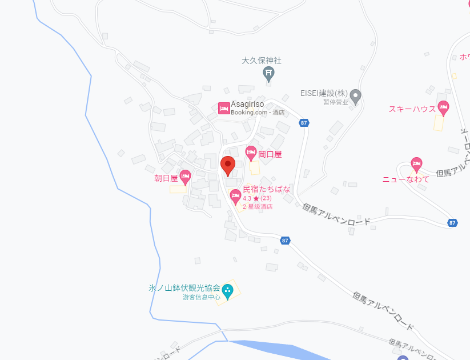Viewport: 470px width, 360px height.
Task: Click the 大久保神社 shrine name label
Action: coord(262,60)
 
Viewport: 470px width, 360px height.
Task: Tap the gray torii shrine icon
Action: coord(268,73)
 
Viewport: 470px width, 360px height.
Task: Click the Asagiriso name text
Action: coord(248,105)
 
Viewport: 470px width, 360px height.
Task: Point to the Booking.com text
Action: coord(250,113)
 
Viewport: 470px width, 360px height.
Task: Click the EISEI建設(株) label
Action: coord(324,93)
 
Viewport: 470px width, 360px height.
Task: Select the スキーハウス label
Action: coord(412,109)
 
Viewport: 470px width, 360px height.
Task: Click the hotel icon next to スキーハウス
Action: coord(443,107)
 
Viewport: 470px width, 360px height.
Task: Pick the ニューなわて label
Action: coord(405,179)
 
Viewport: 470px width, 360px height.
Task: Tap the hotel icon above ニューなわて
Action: coord(417,164)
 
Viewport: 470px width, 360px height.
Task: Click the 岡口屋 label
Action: coord(270,154)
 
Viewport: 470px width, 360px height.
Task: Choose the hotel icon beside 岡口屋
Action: coord(250,152)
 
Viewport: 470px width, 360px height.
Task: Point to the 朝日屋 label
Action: coord(166,178)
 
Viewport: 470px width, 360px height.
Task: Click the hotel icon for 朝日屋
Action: coord(185,176)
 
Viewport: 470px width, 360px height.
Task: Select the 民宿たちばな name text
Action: coord(267,189)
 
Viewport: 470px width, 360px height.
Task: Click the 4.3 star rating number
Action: coord(247,198)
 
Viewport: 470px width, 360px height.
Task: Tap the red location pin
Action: coord(228,166)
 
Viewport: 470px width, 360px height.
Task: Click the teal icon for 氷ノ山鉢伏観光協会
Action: coord(227,291)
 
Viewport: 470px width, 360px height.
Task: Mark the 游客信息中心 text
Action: coord(202,297)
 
